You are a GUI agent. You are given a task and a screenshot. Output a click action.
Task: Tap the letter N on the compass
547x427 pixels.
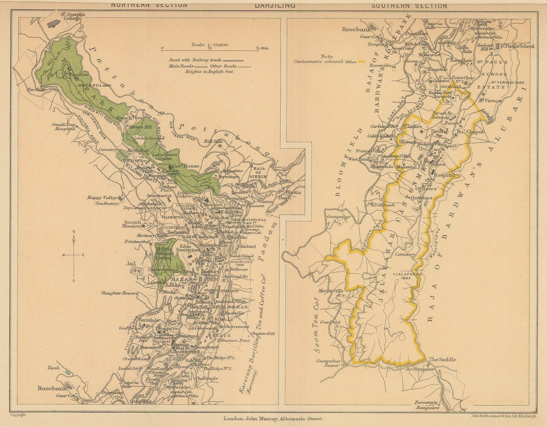tap(74, 232)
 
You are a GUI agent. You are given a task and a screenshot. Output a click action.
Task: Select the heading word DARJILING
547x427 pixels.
tap(275, 5)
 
